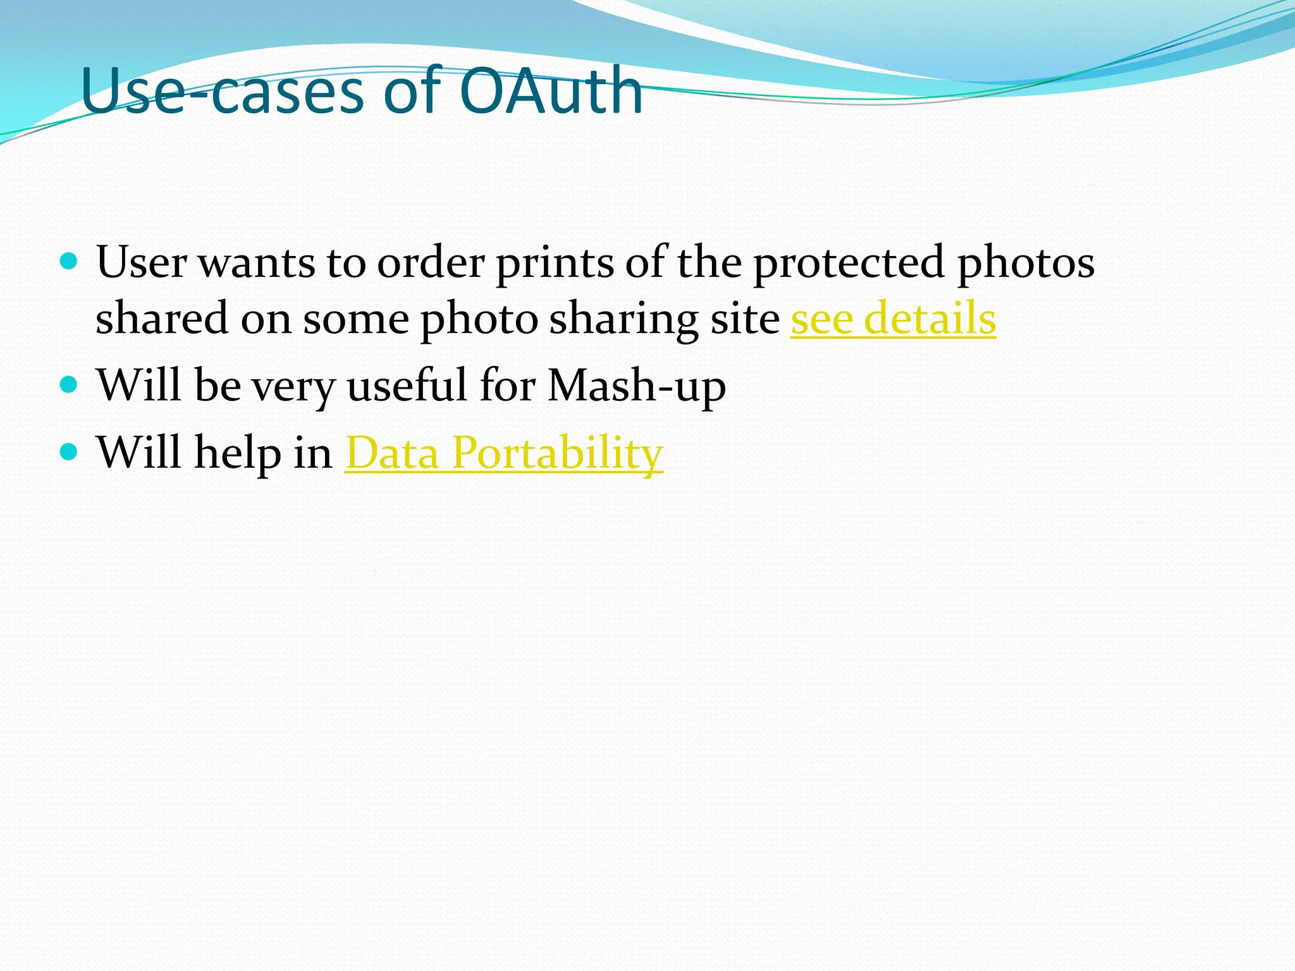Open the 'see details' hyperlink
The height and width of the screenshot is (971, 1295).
(x=893, y=319)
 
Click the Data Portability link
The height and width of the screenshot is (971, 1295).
(x=504, y=453)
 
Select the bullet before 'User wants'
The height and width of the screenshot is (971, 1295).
(x=69, y=260)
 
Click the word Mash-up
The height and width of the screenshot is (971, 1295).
(x=636, y=385)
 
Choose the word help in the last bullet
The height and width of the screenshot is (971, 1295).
(x=237, y=453)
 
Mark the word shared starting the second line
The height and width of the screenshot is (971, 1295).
(x=161, y=319)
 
